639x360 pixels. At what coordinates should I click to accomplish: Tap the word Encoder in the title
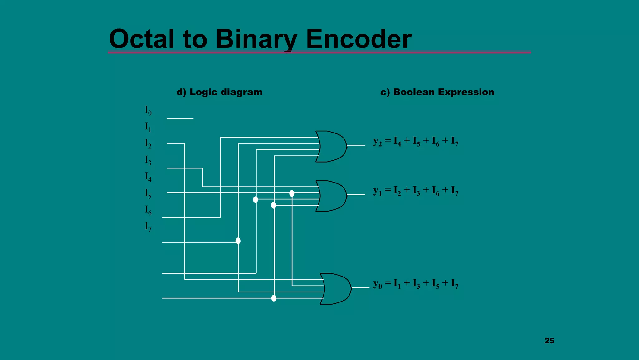[359, 39]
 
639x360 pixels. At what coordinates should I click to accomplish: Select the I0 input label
[148, 110]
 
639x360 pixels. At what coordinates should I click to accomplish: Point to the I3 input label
[148, 160]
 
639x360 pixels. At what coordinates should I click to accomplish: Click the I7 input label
[148, 227]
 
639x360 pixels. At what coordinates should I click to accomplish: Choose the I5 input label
[148, 193]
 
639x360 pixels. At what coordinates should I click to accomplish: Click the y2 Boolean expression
[416, 141]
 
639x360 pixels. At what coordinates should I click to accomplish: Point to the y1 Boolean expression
[416, 191]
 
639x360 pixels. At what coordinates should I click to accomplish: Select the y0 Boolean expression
[416, 284]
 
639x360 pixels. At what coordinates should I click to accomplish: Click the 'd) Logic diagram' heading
[219, 92]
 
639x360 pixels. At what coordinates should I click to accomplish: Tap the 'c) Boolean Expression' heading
[437, 92]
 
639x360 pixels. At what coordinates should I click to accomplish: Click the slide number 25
[549, 341]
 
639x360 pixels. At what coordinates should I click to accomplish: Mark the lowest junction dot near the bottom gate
[274, 298]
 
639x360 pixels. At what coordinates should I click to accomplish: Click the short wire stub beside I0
[180, 118]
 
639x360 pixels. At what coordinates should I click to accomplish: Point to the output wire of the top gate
[356, 145]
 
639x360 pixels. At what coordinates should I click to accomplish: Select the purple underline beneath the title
[319, 52]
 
